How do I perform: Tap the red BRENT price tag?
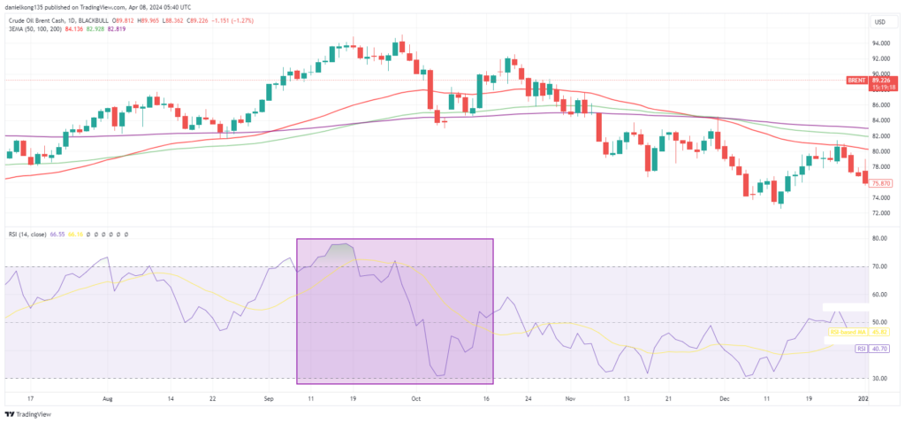coord(855,80)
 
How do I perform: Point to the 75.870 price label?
coord(880,183)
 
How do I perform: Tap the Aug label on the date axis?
coord(109,399)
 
